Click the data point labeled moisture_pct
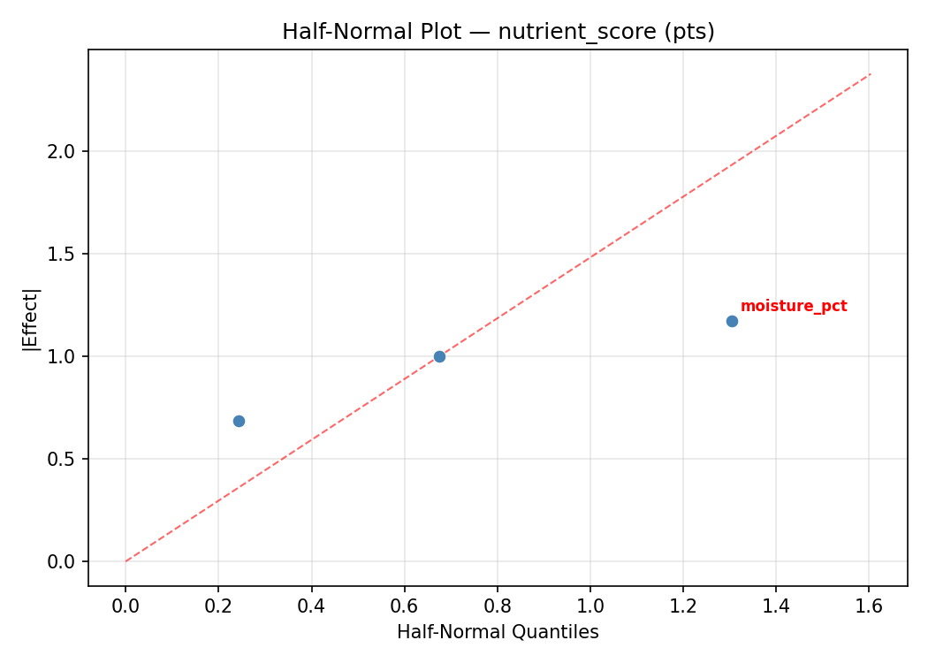coord(732,321)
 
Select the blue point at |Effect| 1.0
coord(439,356)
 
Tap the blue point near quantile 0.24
coord(239,421)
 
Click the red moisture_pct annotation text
coord(793,307)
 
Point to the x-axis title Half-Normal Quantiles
coord(498,632)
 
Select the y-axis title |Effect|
coord(31,318)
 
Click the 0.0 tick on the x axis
coord(126,606)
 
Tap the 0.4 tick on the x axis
coord(311,606)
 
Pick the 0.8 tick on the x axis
coord(497,606)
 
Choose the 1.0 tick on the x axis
coord(590,606)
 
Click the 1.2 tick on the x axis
coord(682,606)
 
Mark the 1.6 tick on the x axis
coord(869,606)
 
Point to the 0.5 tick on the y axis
coord(66,459)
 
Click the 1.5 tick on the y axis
coord(66,254)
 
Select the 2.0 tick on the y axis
coord(66,151)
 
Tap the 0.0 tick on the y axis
coord(66,561)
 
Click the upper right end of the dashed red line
coord(871,73)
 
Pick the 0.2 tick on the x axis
coord(218,606)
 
